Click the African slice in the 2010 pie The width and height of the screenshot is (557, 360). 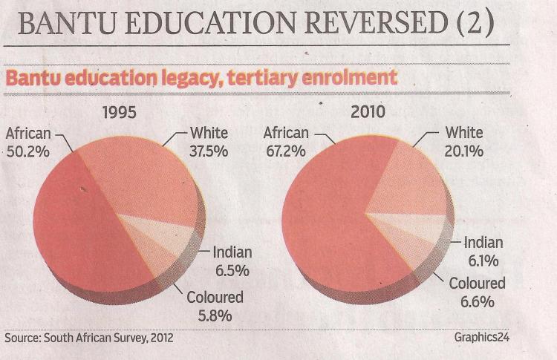[327, 223]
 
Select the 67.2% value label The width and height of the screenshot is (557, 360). [286, 152]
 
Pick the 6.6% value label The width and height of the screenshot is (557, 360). [476, 302]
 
